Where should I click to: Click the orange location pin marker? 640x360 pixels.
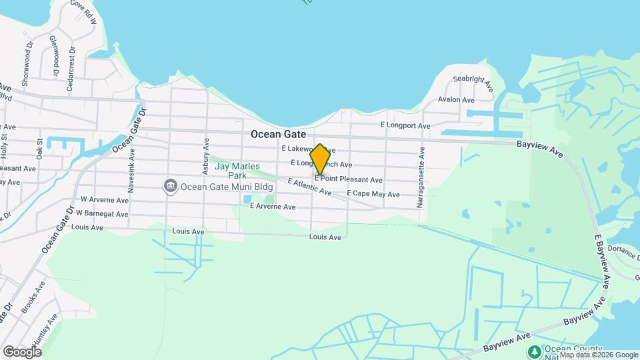coord(320,159)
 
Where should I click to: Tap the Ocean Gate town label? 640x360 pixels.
coord(278,134)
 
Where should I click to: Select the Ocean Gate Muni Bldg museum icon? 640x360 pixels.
coord(170,185)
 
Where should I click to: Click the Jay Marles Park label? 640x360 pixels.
coord(237,171)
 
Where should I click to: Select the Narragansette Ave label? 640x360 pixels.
coord(421,177)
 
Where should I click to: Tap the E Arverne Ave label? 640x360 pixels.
coord(273,207)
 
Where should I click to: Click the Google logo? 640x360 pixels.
coord(22,351)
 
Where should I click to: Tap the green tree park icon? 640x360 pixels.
coord(533,351)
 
